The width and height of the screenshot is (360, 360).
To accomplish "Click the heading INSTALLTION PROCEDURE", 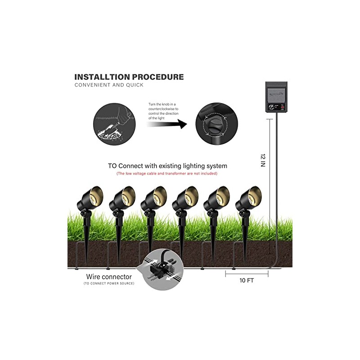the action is click(x=129, y=77).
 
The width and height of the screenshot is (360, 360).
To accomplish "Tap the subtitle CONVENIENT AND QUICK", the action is click(x=109, y=85).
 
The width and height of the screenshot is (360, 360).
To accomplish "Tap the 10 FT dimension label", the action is click(x=247, y=280).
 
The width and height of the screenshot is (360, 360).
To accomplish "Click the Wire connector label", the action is click(x=109, y=276).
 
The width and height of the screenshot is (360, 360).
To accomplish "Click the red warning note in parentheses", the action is click(x=166, y=173).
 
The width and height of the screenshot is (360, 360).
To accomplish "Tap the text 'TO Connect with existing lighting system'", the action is click(x=167, y=166).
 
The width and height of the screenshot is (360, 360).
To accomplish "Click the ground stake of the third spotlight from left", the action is click(x=150, y=238).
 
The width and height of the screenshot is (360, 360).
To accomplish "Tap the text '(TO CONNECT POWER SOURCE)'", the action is click(x=108, y=283).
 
